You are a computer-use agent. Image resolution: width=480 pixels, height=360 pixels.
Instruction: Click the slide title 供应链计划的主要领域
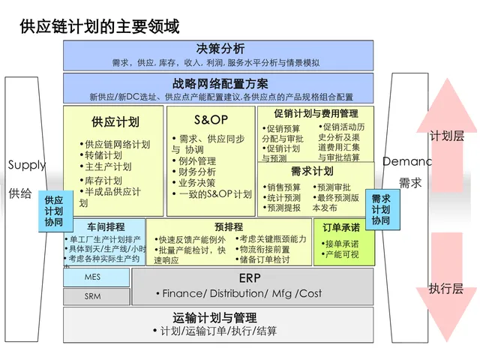[x=100, y=27]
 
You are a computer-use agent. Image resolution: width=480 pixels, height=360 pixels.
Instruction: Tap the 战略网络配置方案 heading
[x=220, y=84]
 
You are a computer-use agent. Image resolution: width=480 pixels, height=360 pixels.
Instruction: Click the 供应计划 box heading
[x=115, y=121]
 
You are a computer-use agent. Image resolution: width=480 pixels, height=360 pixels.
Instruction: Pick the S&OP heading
[x=211, y=120]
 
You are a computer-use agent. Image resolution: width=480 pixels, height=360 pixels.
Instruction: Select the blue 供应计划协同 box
[x=53, y=211]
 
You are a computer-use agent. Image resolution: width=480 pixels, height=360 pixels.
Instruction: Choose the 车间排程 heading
[x=106, y=226]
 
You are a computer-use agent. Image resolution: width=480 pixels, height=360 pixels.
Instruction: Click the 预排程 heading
[x=228, y=226]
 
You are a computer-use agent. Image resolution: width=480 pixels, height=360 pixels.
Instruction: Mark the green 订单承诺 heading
[x=341, y=227]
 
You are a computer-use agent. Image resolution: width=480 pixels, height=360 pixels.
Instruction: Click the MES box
[x=92, y=277]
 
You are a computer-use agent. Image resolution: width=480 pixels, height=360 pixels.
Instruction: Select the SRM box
[x=92, y=297]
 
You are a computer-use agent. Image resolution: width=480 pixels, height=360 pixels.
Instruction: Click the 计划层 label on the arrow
[x=446, y=136]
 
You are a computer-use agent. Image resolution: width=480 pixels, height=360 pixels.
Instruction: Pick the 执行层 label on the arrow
[x=446, y=289]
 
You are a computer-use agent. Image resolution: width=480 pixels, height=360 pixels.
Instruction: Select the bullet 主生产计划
[x=108, y=166]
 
